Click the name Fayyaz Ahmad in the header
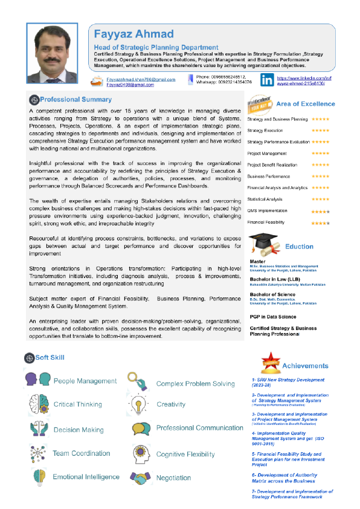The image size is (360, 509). [x=133, y=34]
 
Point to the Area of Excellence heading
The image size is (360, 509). [x=305, y=104]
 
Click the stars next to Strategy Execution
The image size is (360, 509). [x=320, y=131]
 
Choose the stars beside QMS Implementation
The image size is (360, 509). [x=320, y=211]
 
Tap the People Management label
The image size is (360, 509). [x=85, y=381]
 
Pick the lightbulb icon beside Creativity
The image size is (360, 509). [x=138, y=404]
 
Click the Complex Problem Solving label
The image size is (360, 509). [x=195, y=384]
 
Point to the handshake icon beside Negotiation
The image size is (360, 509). [x=140, y=461]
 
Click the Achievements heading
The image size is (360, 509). [x=305, y=366]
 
